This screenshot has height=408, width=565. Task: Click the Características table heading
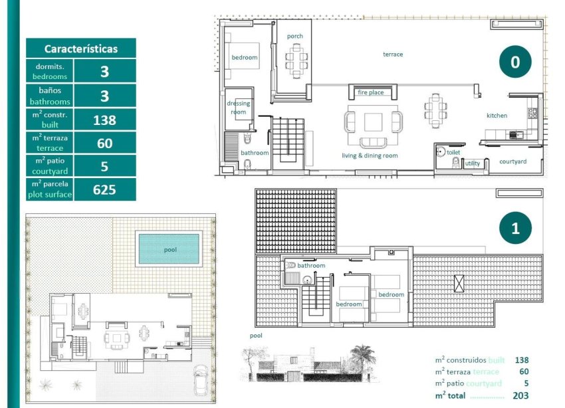point(80,49)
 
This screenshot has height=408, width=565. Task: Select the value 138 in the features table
point(104,120)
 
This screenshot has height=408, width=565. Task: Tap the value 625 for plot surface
point(104,189)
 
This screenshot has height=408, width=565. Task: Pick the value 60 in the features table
point(104,143)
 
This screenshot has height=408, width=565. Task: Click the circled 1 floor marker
point(515,228)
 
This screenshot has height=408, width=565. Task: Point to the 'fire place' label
point(371,92)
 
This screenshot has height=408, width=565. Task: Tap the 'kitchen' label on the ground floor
point(497,116)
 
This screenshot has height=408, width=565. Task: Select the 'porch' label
point(295,36)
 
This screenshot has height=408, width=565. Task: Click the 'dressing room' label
point(238,108)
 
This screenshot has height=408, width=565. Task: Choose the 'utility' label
point(473,163)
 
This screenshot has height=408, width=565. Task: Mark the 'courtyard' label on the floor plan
point(512,161)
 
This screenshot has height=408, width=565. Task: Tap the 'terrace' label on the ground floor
point(392,54)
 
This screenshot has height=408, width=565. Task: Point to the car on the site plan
point(200,383)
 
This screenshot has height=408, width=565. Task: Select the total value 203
point(521,395)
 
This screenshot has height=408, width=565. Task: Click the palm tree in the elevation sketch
point(363,356)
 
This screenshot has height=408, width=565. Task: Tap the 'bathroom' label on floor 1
point(311,266)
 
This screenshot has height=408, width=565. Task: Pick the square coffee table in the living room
point(373,122)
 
